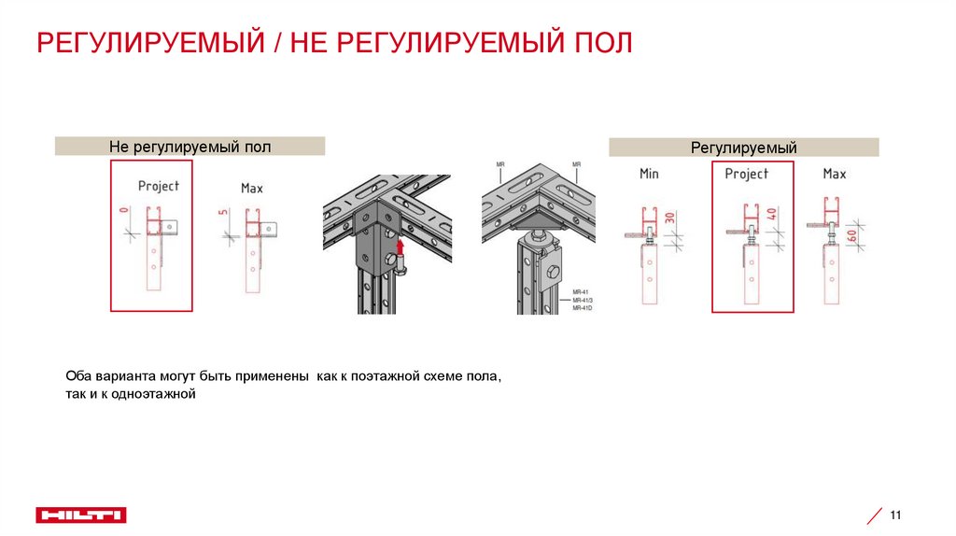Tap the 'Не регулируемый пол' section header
tap(190, 146)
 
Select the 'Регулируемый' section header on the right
tap(743, 147)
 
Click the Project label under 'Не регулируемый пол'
tap(159, 186)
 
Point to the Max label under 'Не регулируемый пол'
tap(252, 188)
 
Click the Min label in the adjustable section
tap(649, 174)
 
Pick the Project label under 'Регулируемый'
tap(747, 174)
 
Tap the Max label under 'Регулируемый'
tap(835, 174)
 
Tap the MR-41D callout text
tap(583, 307)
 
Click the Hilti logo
tap(81, 515)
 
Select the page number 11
tap(896, 515)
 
